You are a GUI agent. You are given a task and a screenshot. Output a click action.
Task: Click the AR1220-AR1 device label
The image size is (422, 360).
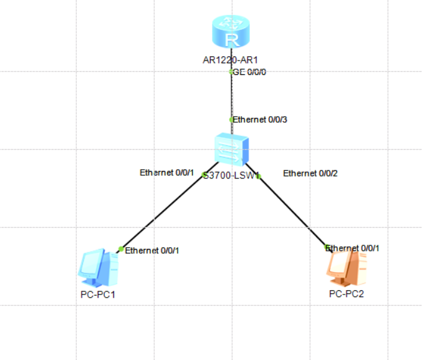click(230, 61)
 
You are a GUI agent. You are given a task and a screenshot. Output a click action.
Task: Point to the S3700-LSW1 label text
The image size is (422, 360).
click(231, 176)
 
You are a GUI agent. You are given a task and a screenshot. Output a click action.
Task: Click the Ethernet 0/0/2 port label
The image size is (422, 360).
click(310, 173)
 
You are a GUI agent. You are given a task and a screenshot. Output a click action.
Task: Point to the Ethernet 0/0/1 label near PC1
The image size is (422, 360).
click(152, 250)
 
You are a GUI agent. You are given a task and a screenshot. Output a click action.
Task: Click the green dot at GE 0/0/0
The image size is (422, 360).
click(231, 72)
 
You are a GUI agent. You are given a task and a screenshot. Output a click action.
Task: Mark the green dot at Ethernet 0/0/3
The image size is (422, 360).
click(231, 119)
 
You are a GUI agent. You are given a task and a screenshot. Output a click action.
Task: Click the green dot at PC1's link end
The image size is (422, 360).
click(121, 249)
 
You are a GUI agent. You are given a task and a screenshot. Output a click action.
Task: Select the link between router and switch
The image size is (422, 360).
click(231, 97)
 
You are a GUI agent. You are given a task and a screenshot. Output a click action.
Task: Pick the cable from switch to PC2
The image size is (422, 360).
click(292, 212)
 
